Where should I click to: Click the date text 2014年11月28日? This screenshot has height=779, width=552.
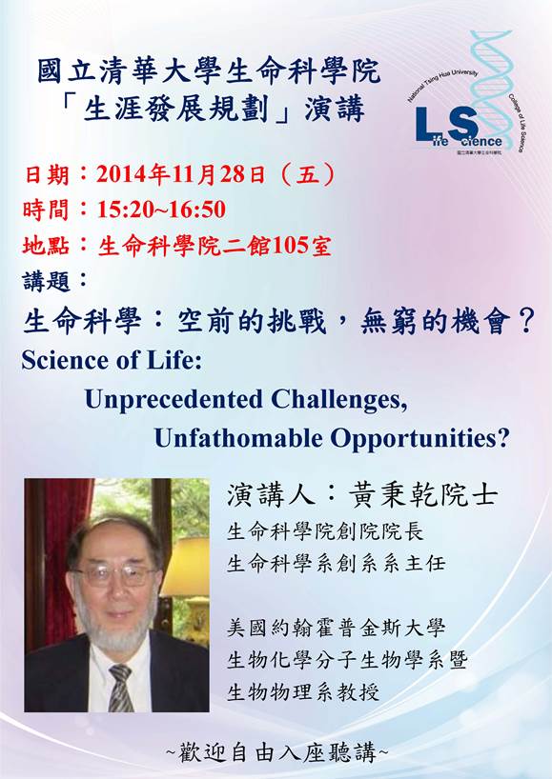(181, 175)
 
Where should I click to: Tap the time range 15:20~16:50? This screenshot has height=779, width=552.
(162, 210)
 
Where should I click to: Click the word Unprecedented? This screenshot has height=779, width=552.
(174, 400)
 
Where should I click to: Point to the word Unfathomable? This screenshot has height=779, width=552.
(238, 438)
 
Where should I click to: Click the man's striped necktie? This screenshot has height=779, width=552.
(121, 688)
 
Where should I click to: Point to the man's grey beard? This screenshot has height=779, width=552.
(116, 629)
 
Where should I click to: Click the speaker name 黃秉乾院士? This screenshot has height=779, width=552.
(421, 495)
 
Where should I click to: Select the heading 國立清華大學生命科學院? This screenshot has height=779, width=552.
(210, 70)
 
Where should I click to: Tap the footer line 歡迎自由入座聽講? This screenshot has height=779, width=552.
(276, 753)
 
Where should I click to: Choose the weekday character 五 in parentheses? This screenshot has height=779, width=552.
(308, 175)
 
